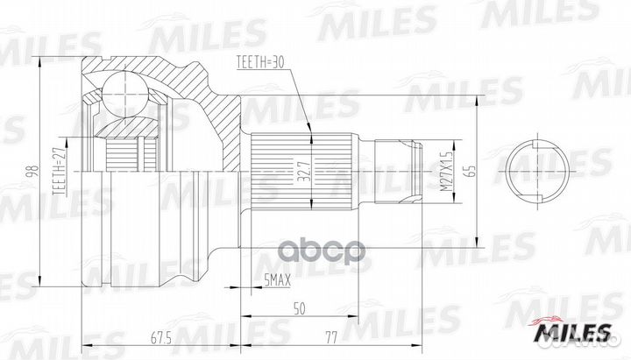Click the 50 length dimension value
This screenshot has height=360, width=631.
301,309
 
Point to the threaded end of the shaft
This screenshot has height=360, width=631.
399,166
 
